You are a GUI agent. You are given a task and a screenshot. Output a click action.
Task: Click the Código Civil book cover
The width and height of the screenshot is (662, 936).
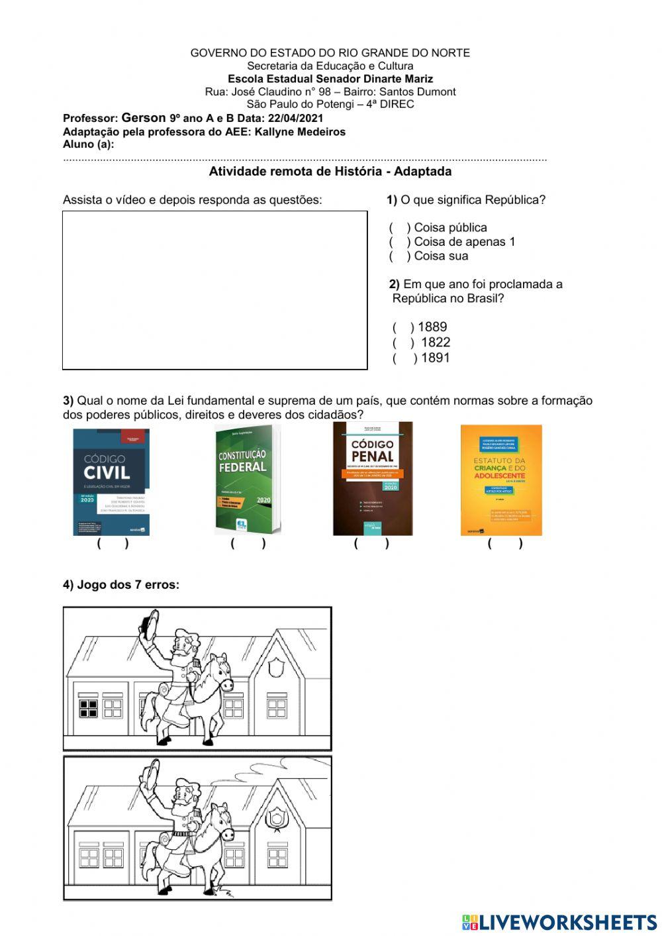click(111, 482)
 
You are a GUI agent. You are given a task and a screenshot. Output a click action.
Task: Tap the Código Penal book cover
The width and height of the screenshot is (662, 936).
click(372, 478)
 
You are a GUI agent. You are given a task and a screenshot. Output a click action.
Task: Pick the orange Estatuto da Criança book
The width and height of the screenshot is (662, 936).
click(501, 480)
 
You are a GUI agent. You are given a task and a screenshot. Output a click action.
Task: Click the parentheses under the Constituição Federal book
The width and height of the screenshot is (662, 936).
click(248, 544)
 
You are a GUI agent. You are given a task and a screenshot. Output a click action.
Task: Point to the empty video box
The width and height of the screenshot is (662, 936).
click(214, 290)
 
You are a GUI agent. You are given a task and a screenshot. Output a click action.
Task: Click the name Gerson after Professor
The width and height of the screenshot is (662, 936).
click(144, 118)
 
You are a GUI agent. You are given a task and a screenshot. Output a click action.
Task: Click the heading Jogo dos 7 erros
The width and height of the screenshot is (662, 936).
click(121, 585)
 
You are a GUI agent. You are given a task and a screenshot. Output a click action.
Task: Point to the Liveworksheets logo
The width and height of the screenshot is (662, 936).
click(559, 922)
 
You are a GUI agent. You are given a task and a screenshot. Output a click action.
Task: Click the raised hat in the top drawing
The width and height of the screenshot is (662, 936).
click(151, 623)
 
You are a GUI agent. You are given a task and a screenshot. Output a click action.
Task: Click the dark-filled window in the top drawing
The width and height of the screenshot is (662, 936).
click(88, 707)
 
